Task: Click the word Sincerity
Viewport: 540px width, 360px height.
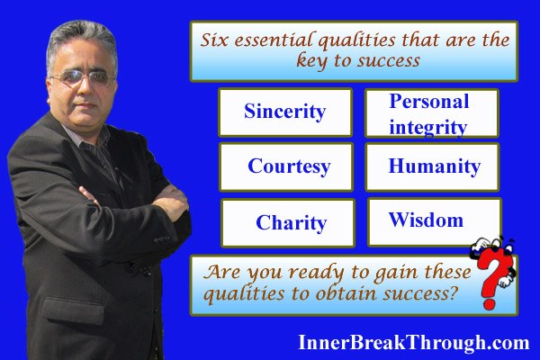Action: pos(284,112)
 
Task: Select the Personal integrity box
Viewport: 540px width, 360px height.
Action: pos(432,113)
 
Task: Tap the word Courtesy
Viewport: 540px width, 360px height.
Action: pos(289,166)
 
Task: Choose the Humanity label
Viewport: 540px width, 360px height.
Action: pos(435,166)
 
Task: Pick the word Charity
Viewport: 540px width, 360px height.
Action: pos(292,222)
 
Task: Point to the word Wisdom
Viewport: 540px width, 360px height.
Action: pos(426,220)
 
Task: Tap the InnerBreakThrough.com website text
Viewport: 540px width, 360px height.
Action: pos(414,343)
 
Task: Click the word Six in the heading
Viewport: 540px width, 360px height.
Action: pos(214,40)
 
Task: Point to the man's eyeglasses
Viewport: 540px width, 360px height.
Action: pos(83,78)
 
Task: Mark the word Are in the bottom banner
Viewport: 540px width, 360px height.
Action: pos(221,272)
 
